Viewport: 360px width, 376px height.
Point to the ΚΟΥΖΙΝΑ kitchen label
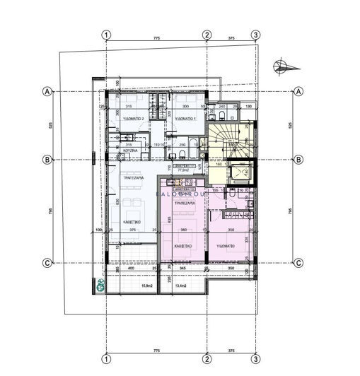pyautogui.click(x=129, y=151)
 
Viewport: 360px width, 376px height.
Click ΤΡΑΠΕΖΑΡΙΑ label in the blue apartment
pyautogui.click(x=134, y=179)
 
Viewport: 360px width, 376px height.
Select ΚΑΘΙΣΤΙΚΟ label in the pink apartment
pyautogui.click(x=185, y=247)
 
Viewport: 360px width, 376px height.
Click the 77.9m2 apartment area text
pyautogui.click(x=185, y=170)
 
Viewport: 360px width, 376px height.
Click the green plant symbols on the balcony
pyautogui.click(x=100, y=286)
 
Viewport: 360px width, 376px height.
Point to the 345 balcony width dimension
pyautogui.click(x=182, y=269)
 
